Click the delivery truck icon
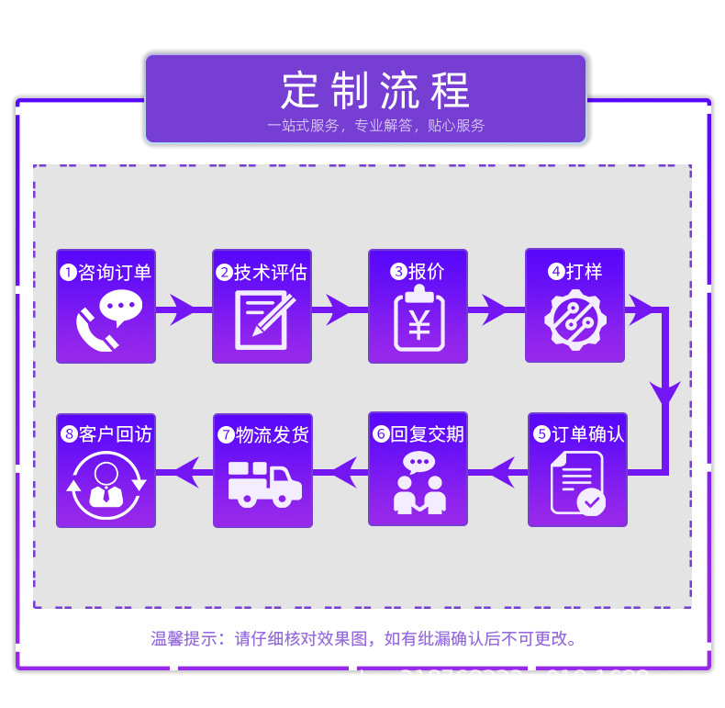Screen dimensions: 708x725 (263, 483)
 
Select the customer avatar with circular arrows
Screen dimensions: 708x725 (106, 483)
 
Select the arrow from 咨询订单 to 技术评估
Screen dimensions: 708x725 (184, 310)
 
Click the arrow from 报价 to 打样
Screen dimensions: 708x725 (496, 310)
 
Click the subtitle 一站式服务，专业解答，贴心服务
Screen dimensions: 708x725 (375, 126)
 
